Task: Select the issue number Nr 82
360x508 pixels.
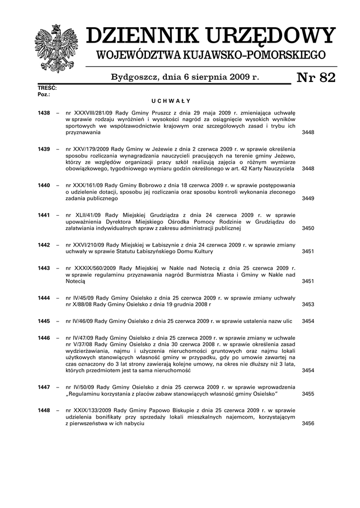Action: (x=316, y=78)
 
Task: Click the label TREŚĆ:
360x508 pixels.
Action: (x=47, y=88)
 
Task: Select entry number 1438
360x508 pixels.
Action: (x=44, y=114)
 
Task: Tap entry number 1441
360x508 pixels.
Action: (x=44, y=215)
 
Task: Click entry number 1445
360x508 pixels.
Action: (x=44, y=321)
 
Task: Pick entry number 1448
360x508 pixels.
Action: (x=44, y=411)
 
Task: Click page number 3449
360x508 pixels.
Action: (x=308, y=198)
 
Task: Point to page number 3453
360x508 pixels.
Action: (x=308, y=305)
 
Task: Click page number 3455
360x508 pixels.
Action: (x=308, y=394)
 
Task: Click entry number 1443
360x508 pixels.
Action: (x=44, y=268)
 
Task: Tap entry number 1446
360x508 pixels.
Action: (x=44, y=338)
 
